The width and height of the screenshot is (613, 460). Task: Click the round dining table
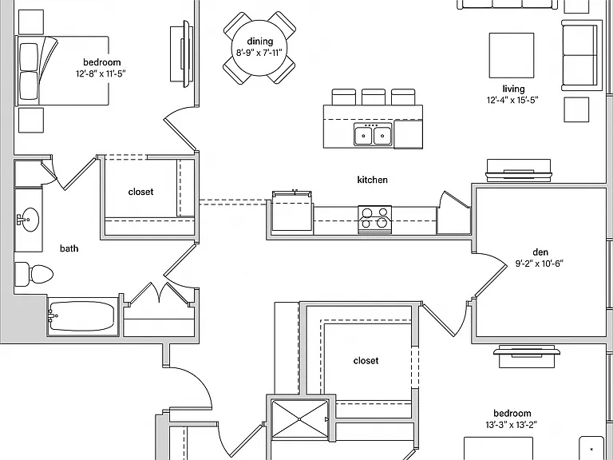coord(259,47)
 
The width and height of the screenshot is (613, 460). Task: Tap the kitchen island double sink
coord(373,134)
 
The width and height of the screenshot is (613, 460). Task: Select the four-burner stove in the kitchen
coord(374,220)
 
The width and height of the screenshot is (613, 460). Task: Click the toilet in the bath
coord(34,274)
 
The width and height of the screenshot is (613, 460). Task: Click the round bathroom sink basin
coord(30,219)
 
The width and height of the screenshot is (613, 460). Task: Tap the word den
coord(540,252)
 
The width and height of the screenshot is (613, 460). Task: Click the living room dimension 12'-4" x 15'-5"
coord(512,100)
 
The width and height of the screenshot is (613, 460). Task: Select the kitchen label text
coord(373,180)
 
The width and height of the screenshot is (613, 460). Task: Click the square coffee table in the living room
coord(512,55)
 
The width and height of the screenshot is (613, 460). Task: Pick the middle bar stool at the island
coord(374,97)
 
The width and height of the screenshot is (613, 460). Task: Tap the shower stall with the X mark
coord(299,418)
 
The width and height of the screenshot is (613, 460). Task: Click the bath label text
coord(69,248)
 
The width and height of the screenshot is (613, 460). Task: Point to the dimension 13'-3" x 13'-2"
coord(512,425)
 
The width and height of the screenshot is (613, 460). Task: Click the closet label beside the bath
coord(140,192)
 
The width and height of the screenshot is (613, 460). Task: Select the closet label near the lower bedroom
coord(366,361)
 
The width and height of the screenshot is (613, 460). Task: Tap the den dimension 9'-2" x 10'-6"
coord(539,264)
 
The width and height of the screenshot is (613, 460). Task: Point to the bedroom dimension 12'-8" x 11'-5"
coord(101,73)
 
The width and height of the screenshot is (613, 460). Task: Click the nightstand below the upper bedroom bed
coord(31,121)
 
